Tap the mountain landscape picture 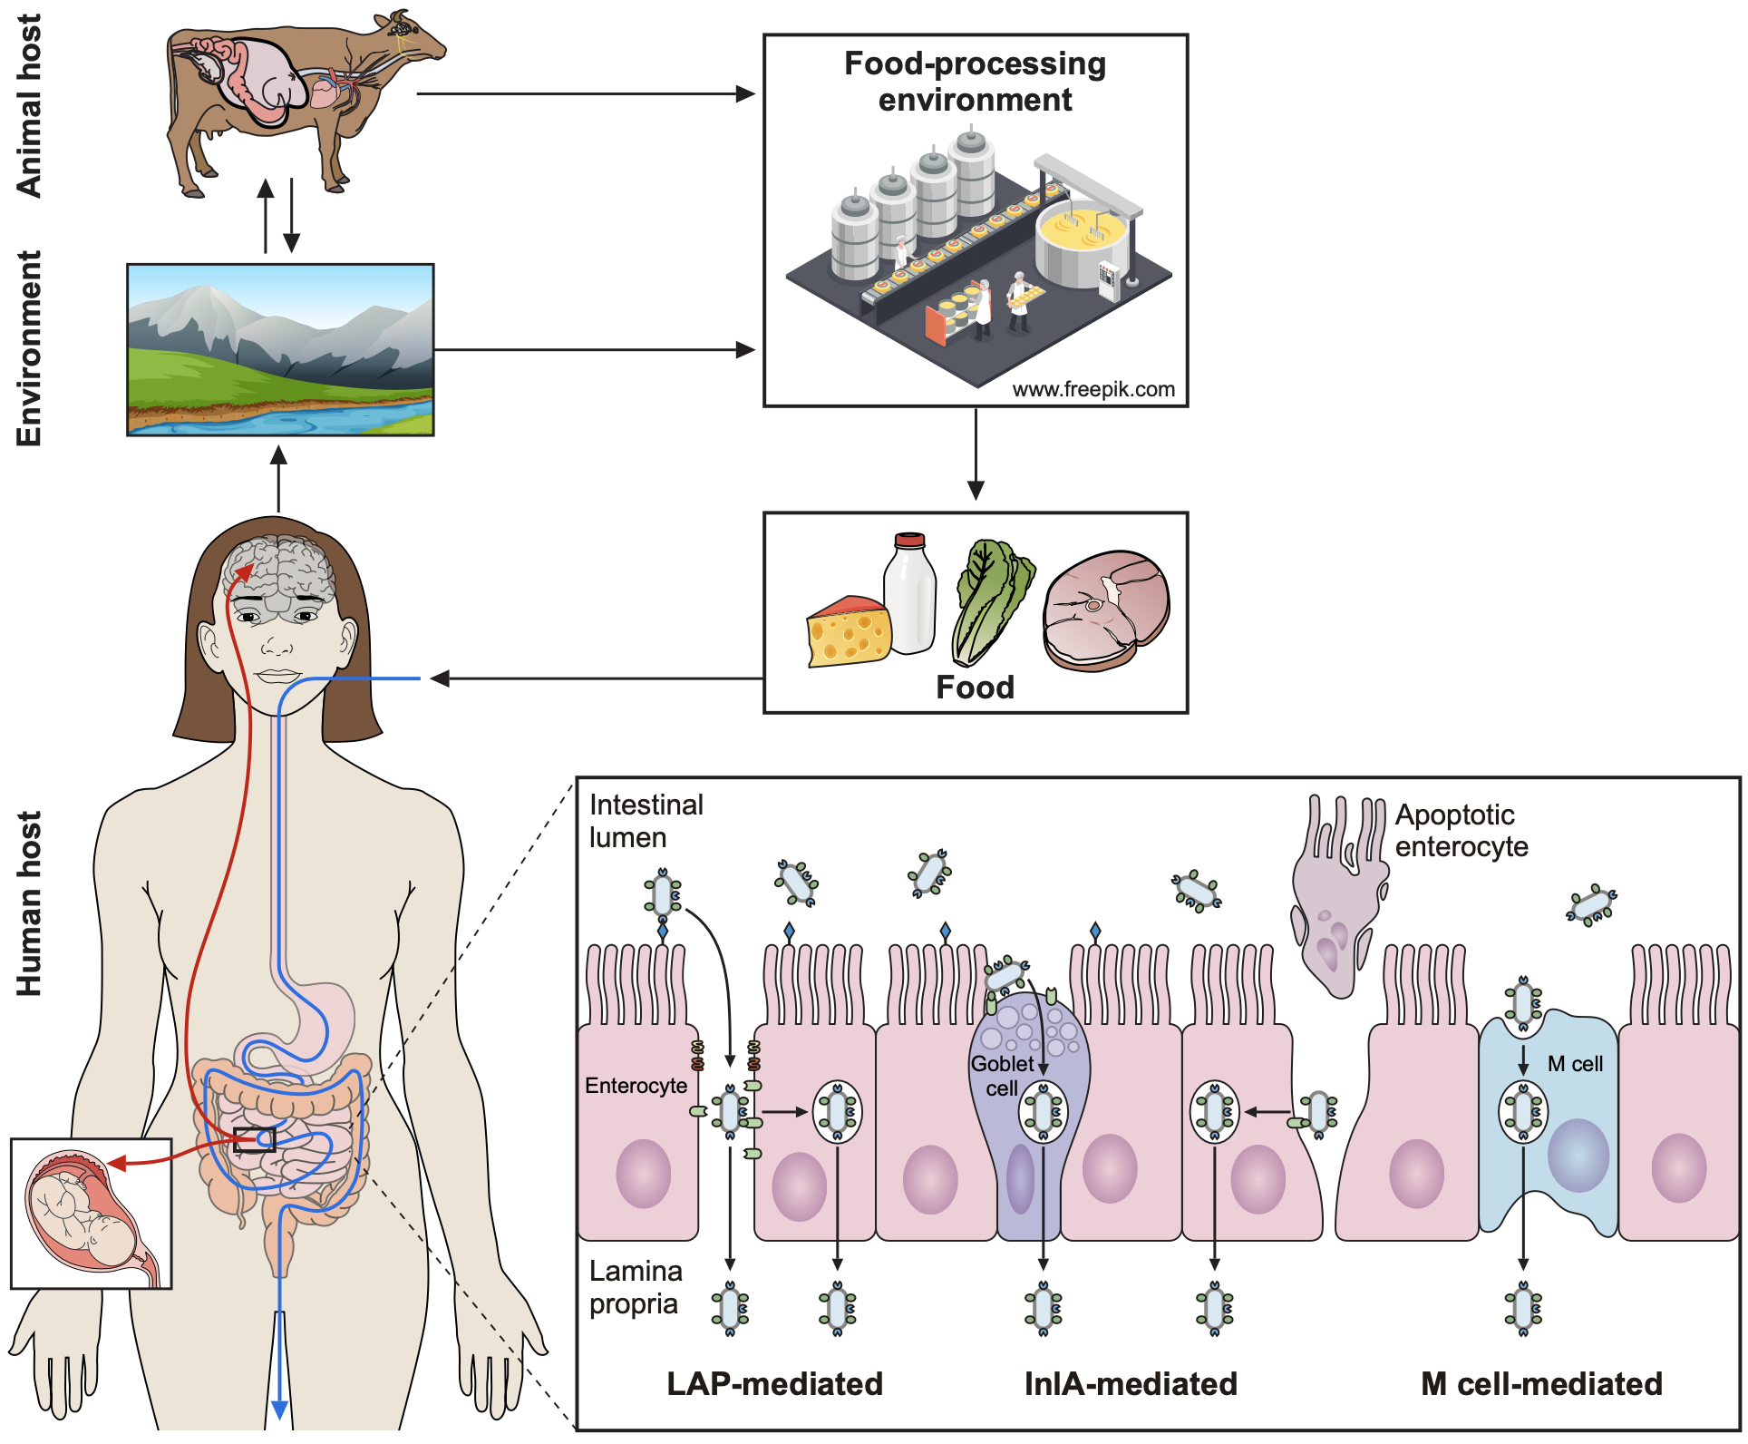point(280,350)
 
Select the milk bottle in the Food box point(910,594)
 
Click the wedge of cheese point(848,633)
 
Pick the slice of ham point(1106,610)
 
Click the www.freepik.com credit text point(1092,390)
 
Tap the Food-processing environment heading point(975,82)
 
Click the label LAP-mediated point(774,1384)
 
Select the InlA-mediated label point(1131,1384)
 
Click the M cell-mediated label point(1541,1384)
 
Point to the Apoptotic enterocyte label point(1461,831)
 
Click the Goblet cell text point(1002,1076)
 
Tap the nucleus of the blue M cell point(1578,1155)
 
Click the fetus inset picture point(91,1214)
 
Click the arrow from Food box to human point(598,678)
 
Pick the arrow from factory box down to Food point(976,454)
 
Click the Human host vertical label point(29,903)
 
